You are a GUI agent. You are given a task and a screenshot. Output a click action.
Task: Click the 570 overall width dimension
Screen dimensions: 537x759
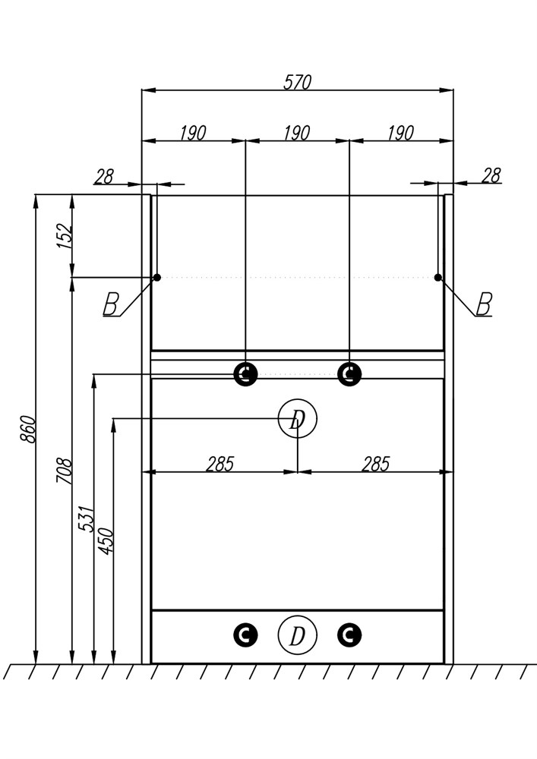pyautogui.click(x=297, y=82)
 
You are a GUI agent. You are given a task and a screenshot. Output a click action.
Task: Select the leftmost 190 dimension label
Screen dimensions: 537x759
pyautogui.click(x=193, y=133)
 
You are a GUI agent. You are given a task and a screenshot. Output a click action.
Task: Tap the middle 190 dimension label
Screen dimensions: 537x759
pyautogui.click(x=297, y=133)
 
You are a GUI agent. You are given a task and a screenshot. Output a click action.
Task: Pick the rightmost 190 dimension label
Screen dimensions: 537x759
pyautogui.click(x=401, y=133)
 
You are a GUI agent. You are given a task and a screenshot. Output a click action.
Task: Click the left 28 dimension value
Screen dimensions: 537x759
pyautogui.click(x=104, y=176)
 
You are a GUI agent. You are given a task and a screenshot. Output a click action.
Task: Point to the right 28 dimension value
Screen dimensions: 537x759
pyautogui.click(x=491, y=175)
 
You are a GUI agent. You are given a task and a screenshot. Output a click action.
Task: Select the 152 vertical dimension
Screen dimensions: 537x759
pyautogui.click(x=65, y=236)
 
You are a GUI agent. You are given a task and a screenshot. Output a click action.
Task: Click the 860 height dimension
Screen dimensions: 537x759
pyautogui.click(x=28, y=429)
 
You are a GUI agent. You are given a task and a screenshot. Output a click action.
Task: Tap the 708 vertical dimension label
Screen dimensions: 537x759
pyautogui.click(x=65, y=471)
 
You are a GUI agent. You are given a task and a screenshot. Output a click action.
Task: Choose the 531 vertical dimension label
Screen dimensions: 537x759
pyautogui.click(x=86, y=519)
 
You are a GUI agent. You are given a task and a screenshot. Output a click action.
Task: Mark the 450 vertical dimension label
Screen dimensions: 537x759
pyautogui.click(x=106, y=540)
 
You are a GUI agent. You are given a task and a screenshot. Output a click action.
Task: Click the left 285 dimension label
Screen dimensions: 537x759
pyautogui.click(x=220, y=464)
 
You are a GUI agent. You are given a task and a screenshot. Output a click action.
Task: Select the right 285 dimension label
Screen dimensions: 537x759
pyautogui.click(x=376, y=464)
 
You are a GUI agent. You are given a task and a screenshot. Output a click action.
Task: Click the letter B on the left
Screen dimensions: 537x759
pyautogui.click(x=111, y=304)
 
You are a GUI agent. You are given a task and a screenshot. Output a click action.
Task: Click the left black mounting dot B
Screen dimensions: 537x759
pyautogui.click(x=157, y=277)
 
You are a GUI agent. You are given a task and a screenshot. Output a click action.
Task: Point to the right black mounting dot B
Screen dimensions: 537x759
pyautogui.click(x=438, y=277)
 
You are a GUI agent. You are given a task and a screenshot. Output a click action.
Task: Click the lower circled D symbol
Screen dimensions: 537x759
pyautogui.click(x=297, y=635)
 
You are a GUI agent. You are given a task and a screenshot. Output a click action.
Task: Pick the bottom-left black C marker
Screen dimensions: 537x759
pyautogui.click(x=245, y=635)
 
